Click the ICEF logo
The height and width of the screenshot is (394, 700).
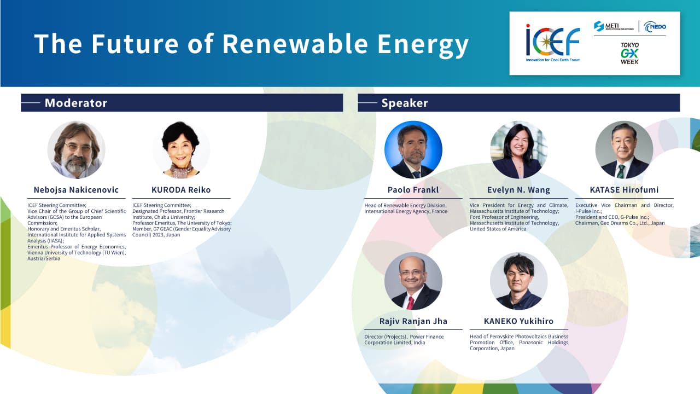click(x=553, y=43)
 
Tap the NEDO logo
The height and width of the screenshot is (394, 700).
click(x=655, y=27)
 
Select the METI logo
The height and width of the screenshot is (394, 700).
click(x=614, y=26)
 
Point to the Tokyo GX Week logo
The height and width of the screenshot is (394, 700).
click(x=629, y=54)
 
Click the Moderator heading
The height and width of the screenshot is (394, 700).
click(x=76, y=103)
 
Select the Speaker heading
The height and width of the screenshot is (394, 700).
click(x=405, y=103)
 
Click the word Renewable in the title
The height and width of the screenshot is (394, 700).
click(x=295, y=44)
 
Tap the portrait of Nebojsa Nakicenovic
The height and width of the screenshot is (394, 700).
click(x=76, y=150)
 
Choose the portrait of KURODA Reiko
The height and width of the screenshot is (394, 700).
click(x=181, y=150)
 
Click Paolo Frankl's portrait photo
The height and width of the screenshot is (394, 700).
click(x=413, y=150)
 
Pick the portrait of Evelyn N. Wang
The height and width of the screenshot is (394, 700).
click(x=519, y=150)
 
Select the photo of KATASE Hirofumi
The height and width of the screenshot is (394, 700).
click(x=624, y=150)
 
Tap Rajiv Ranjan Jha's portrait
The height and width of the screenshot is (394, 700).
click(x=413, y=281)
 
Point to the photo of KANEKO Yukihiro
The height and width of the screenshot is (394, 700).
click(x=519, y=281)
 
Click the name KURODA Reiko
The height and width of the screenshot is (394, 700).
click(x=181, y=190)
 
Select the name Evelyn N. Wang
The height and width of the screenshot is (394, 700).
click(x=519, y=190)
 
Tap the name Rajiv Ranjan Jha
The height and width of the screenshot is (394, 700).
click(x=413, y=321)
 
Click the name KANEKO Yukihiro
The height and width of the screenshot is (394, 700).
click(x=519, y=321)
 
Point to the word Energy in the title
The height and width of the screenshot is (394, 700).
click(x=423, y=45)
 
